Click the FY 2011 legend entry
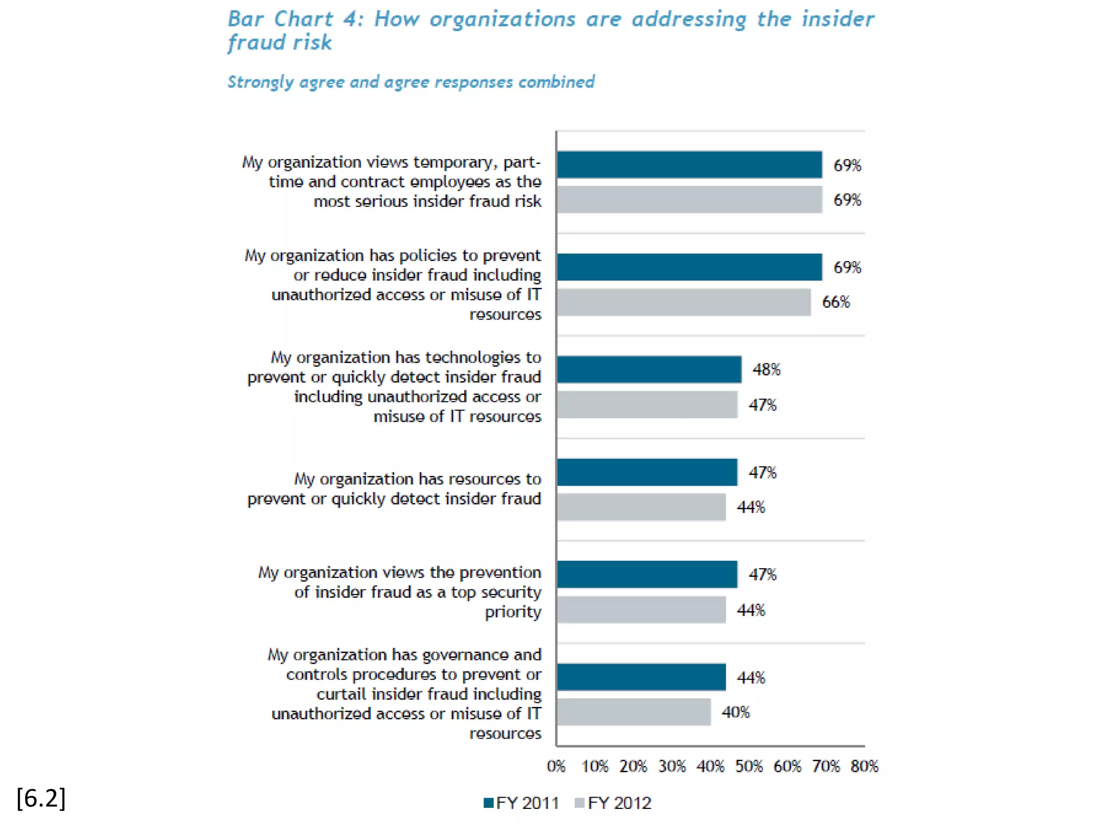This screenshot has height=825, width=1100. tap(521, 803)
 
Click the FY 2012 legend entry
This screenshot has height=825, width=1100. tap(613, 803)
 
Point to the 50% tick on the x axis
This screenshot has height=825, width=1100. tap(749, 766)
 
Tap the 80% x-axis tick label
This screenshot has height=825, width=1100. tap(864, 766)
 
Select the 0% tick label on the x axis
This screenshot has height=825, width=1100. tap(556, 766)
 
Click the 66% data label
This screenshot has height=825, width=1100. tap(836, 302)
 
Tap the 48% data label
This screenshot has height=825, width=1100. tap(766, 370)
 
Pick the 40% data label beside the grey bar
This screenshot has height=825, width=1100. tap(735, 712)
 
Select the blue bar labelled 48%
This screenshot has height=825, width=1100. tap(649, 370)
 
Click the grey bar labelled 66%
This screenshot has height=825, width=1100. tap(683, 302)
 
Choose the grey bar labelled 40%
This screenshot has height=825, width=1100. tap(634, 712)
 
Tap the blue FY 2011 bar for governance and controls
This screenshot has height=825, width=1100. tap(641, 677)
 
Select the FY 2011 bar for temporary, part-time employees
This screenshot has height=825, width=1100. tap(689, 165)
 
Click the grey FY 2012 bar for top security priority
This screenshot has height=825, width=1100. tap(641, 610)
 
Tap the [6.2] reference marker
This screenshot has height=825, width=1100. tap(41, 798)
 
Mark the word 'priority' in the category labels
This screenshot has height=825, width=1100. tap(513, 612)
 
